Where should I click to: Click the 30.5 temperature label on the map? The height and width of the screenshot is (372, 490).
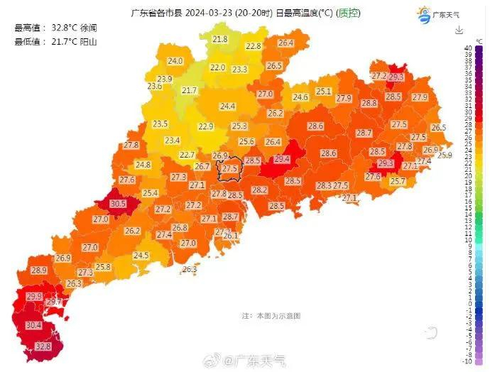[x=118, y=204]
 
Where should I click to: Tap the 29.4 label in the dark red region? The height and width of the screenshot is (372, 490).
[x=282, y=160]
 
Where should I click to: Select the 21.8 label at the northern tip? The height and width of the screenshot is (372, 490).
[x=220, y=39]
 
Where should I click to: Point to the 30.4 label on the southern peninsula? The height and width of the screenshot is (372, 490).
[x=33, y=325]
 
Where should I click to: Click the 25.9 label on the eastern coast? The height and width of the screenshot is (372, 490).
[x=445, y=155]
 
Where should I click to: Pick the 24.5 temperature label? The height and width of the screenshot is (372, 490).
[x=141, y=256]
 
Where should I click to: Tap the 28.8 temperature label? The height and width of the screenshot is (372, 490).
[x=369, y=103]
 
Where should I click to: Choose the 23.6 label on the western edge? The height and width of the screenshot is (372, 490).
[x=154, y=87]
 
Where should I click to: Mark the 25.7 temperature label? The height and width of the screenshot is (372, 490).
[x=398, y=182]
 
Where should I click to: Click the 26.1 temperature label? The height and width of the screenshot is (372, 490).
[x=230, y=236]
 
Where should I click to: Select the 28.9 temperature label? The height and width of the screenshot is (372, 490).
[x=38, y=270]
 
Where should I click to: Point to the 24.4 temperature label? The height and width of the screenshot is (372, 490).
[x=227, y=106]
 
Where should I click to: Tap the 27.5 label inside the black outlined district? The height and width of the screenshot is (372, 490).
[x=229, y=169]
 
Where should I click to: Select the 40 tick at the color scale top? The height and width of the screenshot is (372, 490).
[x=468, y=48]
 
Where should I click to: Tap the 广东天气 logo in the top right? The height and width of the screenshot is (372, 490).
[x=438, y=13]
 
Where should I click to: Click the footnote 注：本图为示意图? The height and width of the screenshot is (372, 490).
[x=271, y=314]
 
